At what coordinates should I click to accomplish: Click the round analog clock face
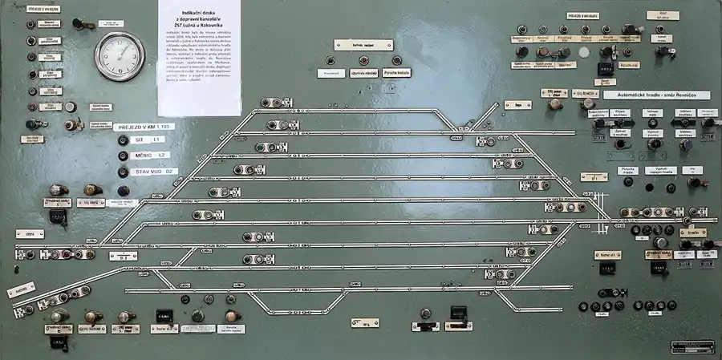(120, 55)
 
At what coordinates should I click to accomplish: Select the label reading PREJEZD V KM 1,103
(144, 127)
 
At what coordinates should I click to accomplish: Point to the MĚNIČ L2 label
(152, 155)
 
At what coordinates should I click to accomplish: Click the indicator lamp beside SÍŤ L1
(123, 140)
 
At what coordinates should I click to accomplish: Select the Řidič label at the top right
(663, 14)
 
